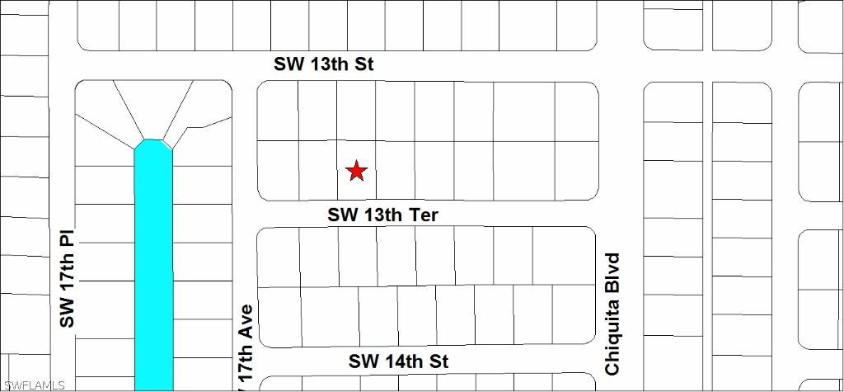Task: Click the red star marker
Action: click(x=356, y=171)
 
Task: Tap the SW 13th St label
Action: click(x=324, y=64)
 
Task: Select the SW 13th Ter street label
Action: click(x=382, y=215)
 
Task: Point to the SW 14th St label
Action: click(x=398, y=361)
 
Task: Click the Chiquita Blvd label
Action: click(x=612, y=314)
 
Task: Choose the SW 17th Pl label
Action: click(x=68, y=277)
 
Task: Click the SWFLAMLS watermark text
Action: click(x=34, y=385)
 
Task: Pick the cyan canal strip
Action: click(x=153, y=272)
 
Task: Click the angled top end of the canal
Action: click(x=153, y=146)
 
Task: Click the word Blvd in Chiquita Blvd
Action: click(x=612, y=272)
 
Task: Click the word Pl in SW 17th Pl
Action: click(x=68, y=239)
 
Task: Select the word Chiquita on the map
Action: click(x=612, y=337)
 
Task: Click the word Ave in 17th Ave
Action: click(x=245, y=323)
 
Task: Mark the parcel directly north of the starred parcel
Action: click(x=356, y=111)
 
